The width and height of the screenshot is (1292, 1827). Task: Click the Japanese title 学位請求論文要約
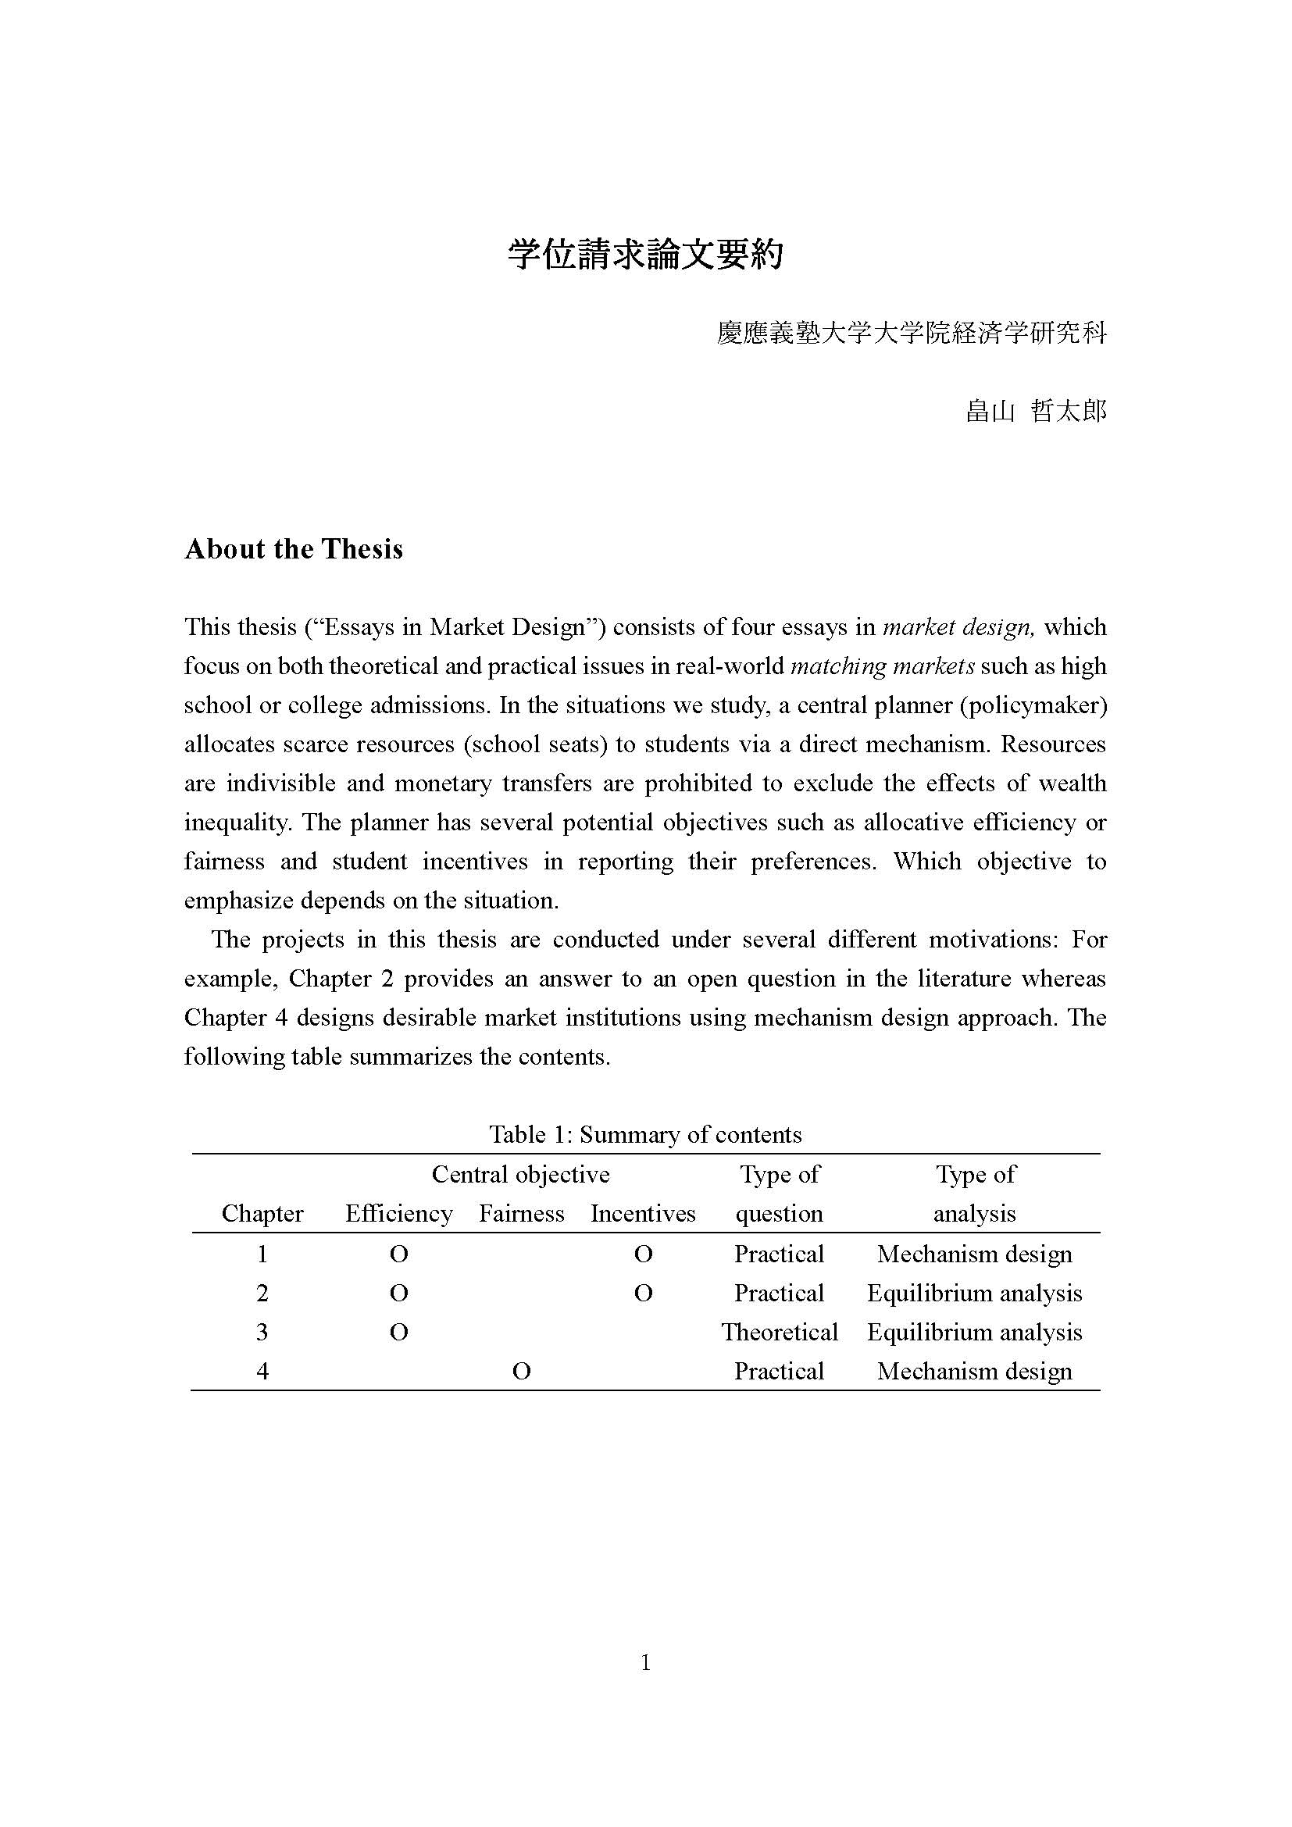tap(645, 255)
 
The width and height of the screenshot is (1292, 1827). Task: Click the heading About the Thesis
tap(294, 549)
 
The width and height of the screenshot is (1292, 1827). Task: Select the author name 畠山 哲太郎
tap(1035, 412)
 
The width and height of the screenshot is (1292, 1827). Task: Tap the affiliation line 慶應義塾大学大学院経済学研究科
tap(911, 333)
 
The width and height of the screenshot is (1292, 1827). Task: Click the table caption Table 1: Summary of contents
tap(645, 1134)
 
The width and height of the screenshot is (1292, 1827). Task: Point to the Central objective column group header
tap(520, 1175)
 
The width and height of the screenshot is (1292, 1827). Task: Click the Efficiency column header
tap(398, 1214)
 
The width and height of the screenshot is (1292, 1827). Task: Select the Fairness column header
tap(521, 1214)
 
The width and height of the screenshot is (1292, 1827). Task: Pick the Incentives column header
tap(643, 1214)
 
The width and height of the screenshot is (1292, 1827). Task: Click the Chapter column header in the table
tap(262, 1214)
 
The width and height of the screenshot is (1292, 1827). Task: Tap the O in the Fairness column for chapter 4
tap(521, 1371)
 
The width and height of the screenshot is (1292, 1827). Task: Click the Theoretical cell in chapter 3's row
tap(780, 1332)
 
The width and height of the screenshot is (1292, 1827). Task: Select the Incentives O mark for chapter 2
tap(643, 1293)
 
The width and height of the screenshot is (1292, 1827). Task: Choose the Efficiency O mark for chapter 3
tap(398, 1332)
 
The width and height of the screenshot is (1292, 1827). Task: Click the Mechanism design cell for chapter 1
tap(975, 1254)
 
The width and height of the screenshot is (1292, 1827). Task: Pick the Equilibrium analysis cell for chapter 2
tap(975, 1293)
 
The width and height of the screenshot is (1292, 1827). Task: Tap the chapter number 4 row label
tap(262, 1371)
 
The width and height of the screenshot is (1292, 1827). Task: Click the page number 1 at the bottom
tap(645, 1662)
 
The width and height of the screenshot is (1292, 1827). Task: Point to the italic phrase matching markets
tap(882, 666)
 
